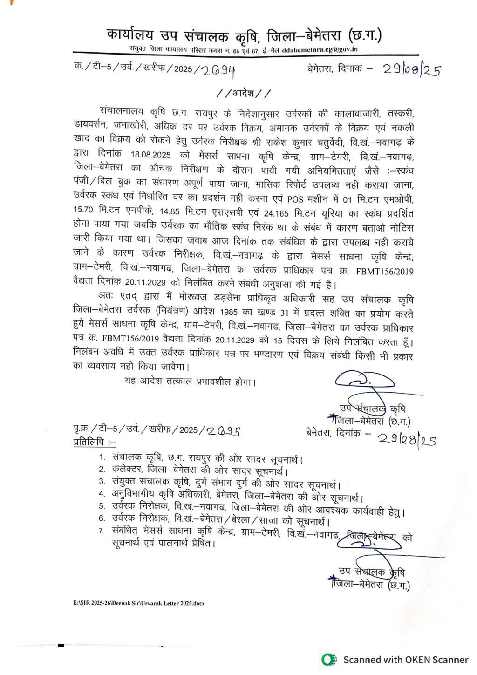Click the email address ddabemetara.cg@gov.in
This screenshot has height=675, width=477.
(320, 50)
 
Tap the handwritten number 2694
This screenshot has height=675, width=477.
(218, 70)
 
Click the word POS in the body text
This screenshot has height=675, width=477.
(295, 199)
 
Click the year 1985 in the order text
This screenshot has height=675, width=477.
(230, 311)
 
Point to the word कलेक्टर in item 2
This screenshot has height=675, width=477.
(127, 469)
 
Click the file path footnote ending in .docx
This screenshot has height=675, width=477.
(138, 603)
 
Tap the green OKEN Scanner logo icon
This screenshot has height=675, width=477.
(329, 659)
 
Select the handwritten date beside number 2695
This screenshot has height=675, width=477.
(406, 439)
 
